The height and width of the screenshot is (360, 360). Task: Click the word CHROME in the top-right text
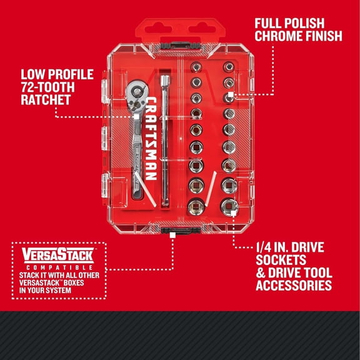tap(279, 36)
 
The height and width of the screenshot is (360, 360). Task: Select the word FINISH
tap(323, 36)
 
